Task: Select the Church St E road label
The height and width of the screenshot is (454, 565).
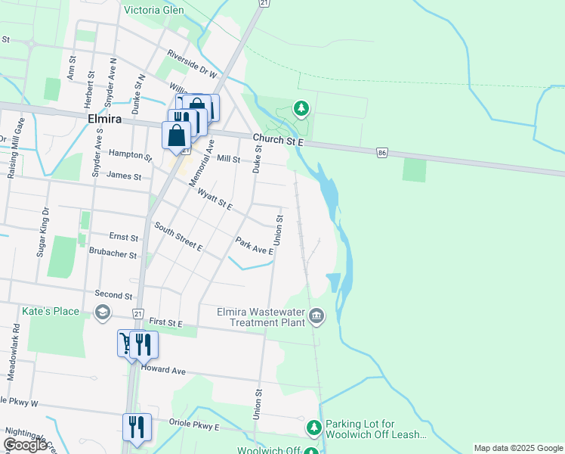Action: pos(278,139)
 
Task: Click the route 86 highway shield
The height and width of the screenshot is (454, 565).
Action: pos(384,154)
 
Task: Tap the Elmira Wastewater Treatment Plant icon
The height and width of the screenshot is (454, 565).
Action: pos(316,316)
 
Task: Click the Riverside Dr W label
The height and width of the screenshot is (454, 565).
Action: pos(193,65)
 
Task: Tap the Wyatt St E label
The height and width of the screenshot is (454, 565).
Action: pos(215,200)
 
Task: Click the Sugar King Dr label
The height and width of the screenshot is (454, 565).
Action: pos(42,231)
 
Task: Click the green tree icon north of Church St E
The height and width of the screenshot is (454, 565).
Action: pos(301,109)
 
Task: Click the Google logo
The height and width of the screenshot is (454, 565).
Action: pos(25,445)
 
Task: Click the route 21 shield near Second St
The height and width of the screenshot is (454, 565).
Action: pos(137,313)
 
